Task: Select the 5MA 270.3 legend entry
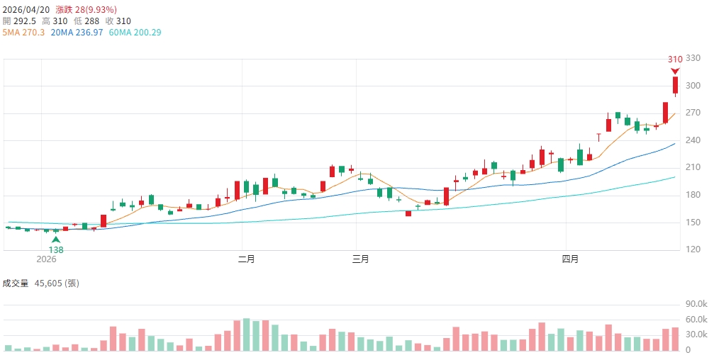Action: tap(24, 33)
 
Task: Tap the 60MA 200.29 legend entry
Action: tap(135, 33)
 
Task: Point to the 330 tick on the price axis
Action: tap(693, 58)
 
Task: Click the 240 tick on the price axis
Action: tap(693, 140)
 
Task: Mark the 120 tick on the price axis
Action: tap(693, 249)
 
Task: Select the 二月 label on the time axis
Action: tap(247, 259)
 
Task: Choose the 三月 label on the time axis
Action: tap(361, 259)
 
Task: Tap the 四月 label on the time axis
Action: tap(570, 259)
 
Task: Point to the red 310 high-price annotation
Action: tap(675, 60)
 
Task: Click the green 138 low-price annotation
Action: tap(56, 250)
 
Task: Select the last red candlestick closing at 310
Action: tap(676, 86)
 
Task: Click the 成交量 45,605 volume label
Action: tap(40, 283)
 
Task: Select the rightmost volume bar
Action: tap(676, 339)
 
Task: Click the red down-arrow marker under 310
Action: tap(676, 70)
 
